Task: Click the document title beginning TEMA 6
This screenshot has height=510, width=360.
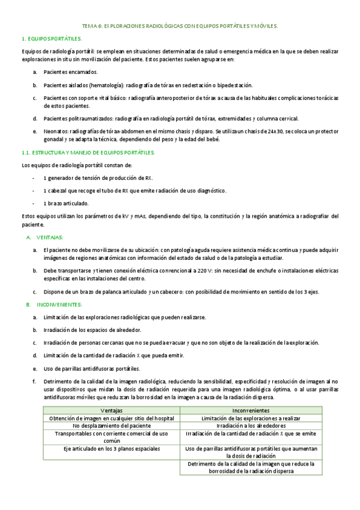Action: pyautogui.click(x=180, y=26)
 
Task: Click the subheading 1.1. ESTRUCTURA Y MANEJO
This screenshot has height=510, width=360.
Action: pyautogui.click(x=88, y=152)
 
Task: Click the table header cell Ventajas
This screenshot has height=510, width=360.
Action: pyautogui.click(x=111, y=410)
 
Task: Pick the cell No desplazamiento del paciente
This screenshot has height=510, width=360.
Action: pyautogui.click(x=111, y=425)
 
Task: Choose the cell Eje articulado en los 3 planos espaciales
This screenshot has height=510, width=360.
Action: pyautogui.click(x=111, y=448)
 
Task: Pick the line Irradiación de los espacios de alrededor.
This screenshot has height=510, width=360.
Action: pyautogui.click(x=93, y=330)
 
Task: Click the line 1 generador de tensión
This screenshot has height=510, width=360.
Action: pyautogui.click(x=97, y=178)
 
